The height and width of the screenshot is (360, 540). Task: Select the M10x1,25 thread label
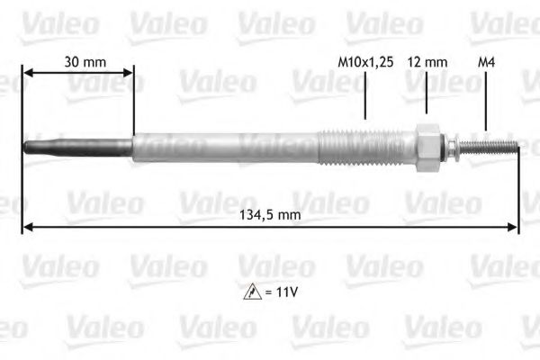pyautogui.click(x=365, y=62)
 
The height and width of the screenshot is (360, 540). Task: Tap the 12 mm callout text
pyautogui.click(x=427, y=62)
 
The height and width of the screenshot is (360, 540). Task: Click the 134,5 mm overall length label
pyautogui.click(x=270, y=215)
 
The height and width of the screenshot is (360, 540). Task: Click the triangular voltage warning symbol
pyautogui.click(x=253, y=292)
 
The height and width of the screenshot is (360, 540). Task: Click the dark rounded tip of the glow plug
pyautogui.click(x=36, y=146)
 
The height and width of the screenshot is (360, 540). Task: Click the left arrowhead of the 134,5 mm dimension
pyautogui.click(x=26, y=227)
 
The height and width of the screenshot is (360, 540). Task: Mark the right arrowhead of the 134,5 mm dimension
pyautogui.click(x=515, y=227)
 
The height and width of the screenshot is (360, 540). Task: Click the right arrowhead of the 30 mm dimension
pyautogui.click(x=129, y=75)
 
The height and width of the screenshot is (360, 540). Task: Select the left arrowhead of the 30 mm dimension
pyautogui.click(x=27, y=75)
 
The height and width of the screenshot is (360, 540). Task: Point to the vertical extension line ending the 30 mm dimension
pyautogui.click(x=133, y=103)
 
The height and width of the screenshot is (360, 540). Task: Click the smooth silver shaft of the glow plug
pyautogui.click(x=225, y=146)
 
